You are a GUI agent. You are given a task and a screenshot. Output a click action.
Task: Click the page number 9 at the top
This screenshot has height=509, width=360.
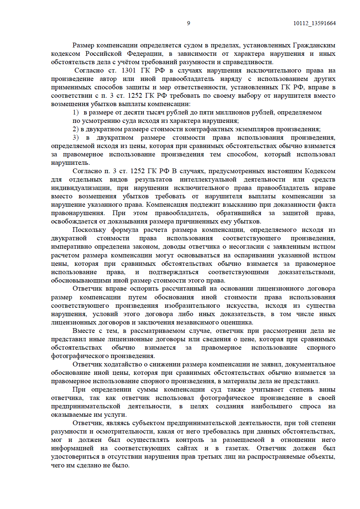click(188, 23)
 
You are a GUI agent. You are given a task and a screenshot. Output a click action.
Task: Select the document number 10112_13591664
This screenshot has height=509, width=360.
click(314, 23)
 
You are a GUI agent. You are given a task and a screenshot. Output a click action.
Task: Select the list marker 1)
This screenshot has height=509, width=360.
click(76, 112)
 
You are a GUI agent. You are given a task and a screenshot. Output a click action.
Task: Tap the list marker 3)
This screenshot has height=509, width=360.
click(76, 137)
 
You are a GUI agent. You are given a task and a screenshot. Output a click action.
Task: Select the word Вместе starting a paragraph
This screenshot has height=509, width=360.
click(84, 331)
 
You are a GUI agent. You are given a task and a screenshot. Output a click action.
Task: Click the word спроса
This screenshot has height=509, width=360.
click(310, 406)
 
